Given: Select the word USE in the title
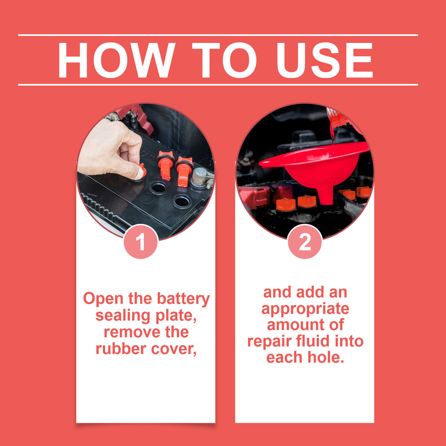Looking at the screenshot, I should point(325,60).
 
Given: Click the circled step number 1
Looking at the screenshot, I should point(141,242).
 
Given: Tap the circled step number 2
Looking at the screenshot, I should point(305,242).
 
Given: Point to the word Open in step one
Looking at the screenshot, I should point(103,299).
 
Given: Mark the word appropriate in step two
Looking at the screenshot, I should point(305,309).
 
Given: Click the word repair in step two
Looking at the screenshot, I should point(268,342).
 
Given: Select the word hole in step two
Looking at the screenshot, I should point(326,357).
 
